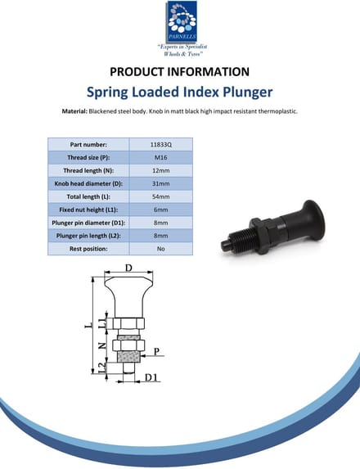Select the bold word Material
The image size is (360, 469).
tap(74, 111)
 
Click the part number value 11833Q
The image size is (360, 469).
tap(161, 145)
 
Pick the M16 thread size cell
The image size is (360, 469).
tap(161, 158)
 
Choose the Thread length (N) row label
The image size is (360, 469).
tap(88, 171)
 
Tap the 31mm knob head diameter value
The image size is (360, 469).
tap(161, 183)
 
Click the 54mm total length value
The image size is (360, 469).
tap(161, 196)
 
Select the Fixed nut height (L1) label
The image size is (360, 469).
tap(88, 210)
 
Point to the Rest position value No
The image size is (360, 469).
tap(161, 249)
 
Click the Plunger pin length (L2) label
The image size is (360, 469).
tap(88, 236)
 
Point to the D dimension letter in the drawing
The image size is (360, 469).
tap(128, 268)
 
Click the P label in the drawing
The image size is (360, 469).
tap(156, 351)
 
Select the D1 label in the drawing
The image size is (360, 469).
tap(151, 377)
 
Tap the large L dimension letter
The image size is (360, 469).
tap(88, 324)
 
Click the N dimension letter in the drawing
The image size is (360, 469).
tap(102, 345)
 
